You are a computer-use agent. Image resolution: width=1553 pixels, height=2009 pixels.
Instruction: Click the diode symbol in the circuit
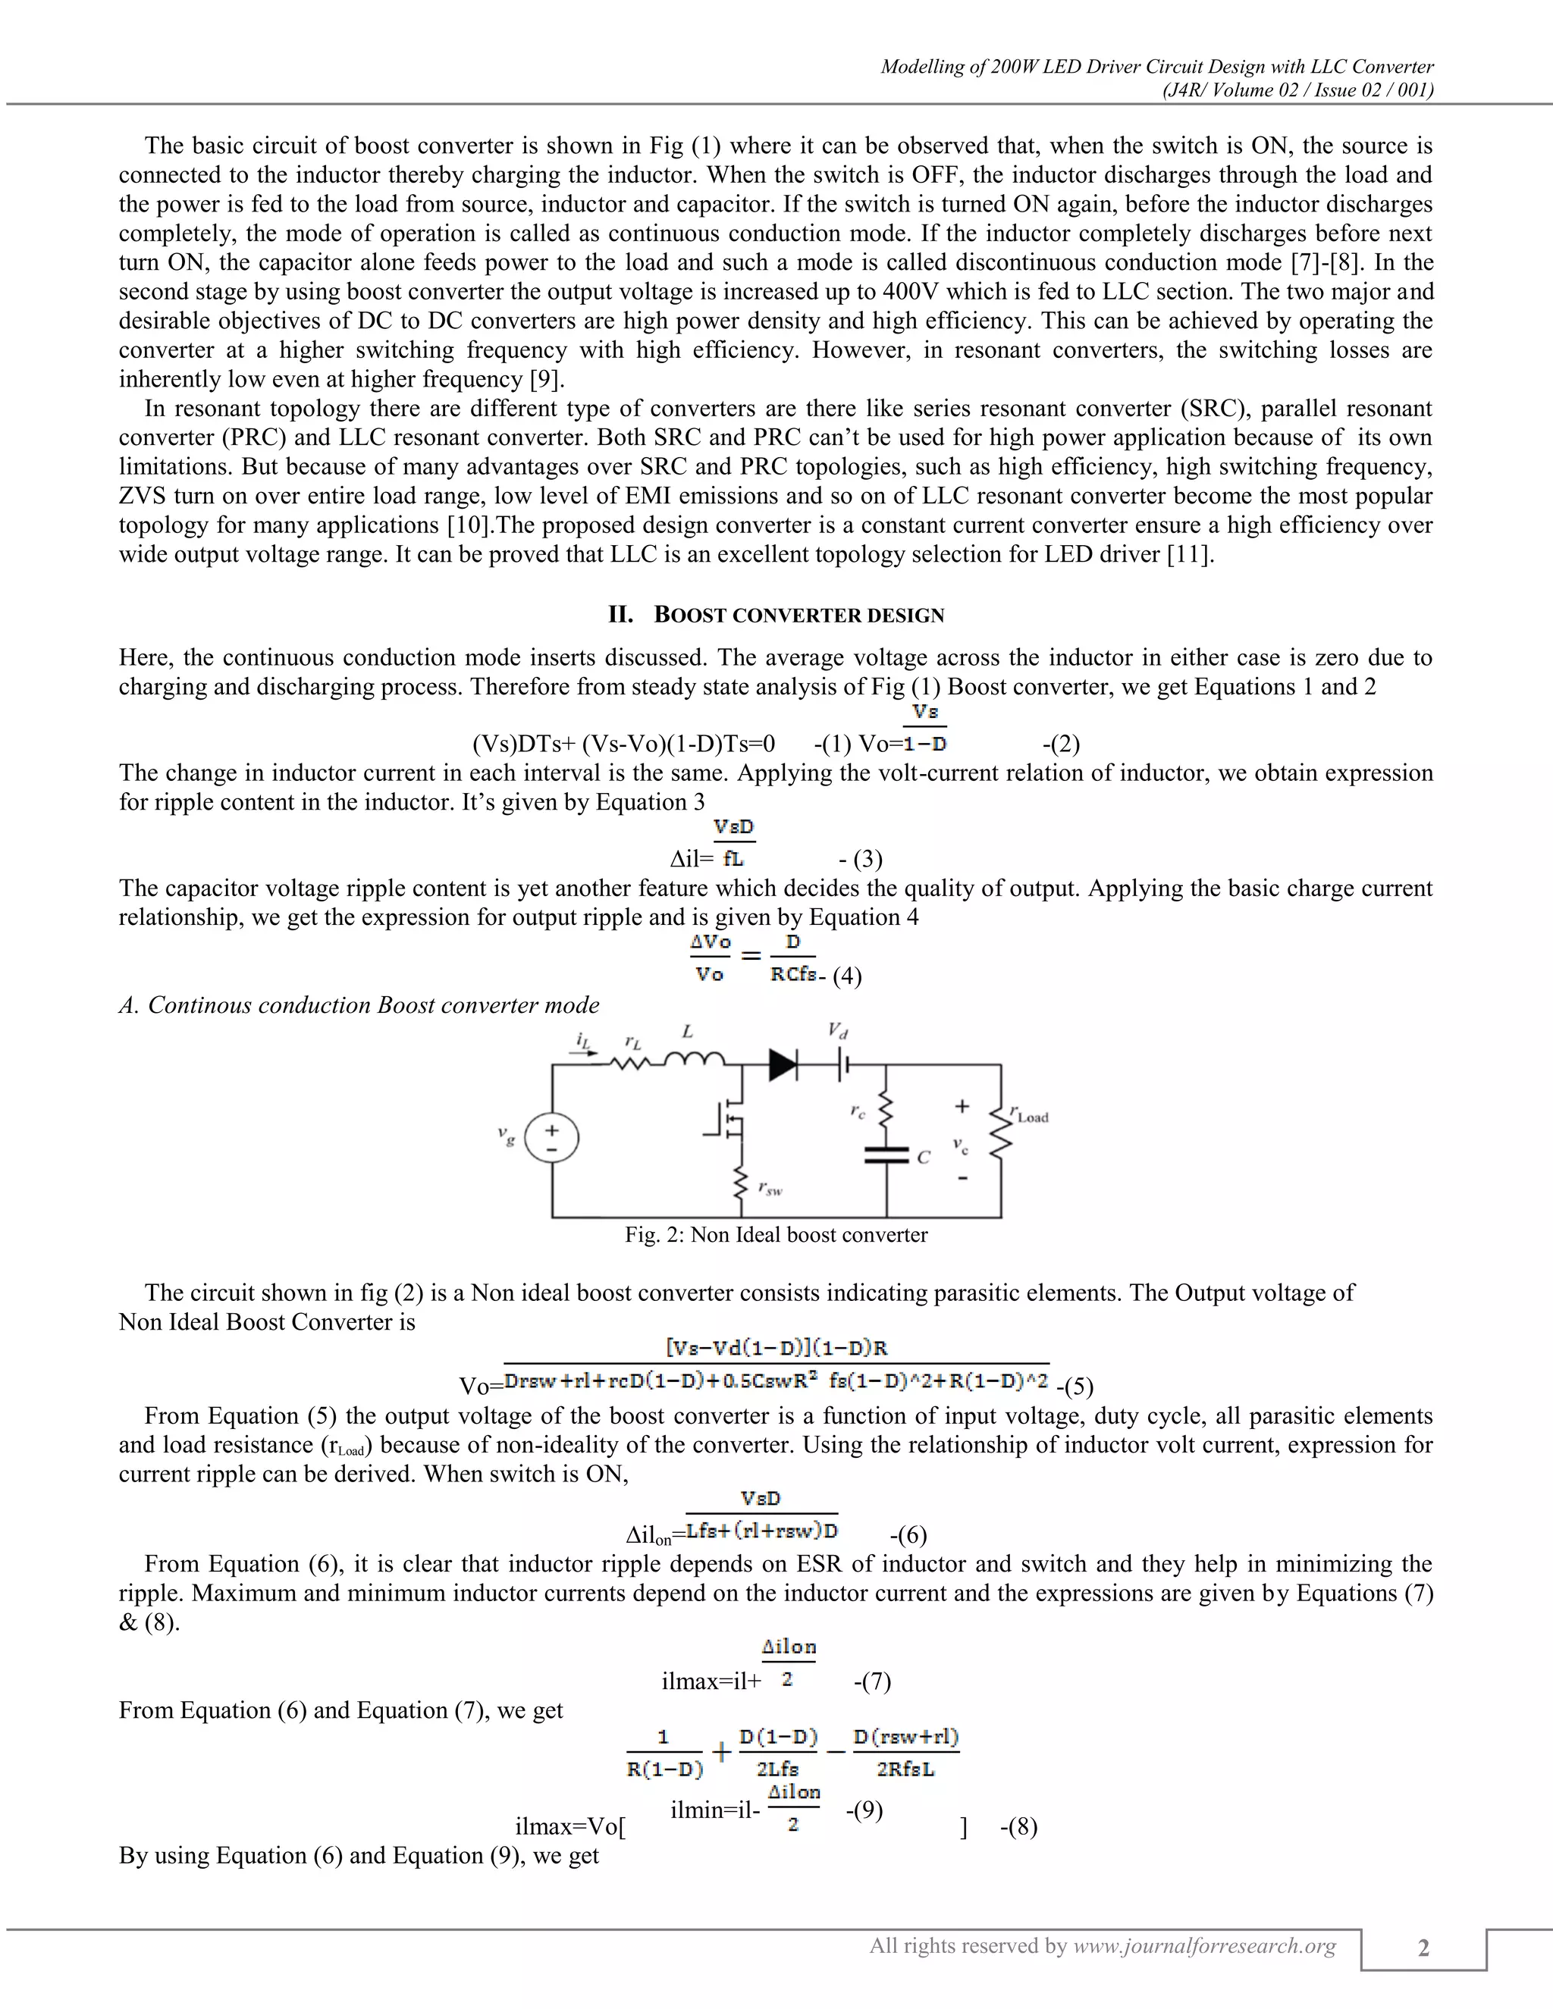(x=783, y=1065)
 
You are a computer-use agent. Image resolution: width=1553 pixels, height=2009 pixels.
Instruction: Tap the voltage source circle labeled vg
(x=551, y=1139)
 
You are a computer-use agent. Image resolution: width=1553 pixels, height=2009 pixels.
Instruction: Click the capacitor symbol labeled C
(x=886, y=1154)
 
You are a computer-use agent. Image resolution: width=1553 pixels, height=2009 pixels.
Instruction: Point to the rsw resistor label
(x=770, y=1189)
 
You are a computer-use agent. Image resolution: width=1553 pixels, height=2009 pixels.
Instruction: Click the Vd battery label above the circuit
(x=837, y=1031)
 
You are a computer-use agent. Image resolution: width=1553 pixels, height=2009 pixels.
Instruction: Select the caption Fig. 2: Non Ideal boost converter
(x=776, y=1234)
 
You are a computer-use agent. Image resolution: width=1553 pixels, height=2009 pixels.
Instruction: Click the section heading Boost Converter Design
(x=798, y=616)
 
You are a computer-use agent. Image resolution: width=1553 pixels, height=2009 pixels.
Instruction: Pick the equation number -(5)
(x=1075, y=1385)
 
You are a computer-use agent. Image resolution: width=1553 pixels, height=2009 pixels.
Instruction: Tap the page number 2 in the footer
(x=1423, y=1948)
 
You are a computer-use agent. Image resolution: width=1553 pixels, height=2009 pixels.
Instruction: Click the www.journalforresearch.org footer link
(x=1204, y=1945)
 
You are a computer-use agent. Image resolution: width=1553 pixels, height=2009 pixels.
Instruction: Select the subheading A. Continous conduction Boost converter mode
(x=359, y=1004)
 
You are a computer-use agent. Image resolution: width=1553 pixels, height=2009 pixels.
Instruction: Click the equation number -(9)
(x=864, y=1810)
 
